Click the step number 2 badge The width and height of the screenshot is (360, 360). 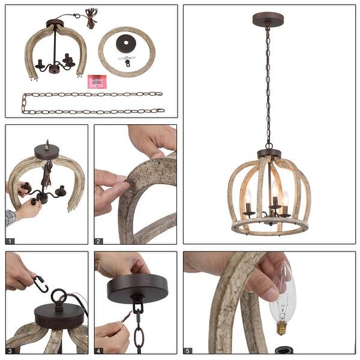coord(99,241)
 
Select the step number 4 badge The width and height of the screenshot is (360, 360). coord(99,350)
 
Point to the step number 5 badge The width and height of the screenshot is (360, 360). coord(188,350)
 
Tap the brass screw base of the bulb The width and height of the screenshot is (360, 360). coord(280,328)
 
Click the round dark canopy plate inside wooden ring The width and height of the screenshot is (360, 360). coord(127,44)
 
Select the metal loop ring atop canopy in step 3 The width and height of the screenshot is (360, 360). coord(59,298)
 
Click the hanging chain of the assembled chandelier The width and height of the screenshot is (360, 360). coord(268,84)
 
